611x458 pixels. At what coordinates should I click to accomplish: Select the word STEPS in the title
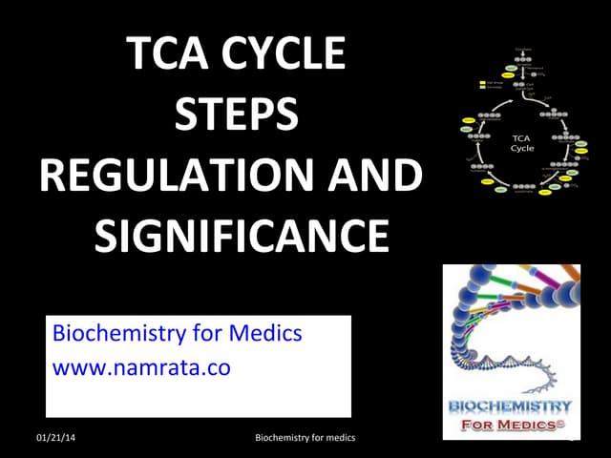(237, 115)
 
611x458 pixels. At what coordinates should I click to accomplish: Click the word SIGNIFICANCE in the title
(242, 234)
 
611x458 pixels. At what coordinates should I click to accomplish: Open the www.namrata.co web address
(141, 367)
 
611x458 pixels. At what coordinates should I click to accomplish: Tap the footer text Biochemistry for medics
(305, 438)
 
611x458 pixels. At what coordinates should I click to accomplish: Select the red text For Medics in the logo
(512, 424)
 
